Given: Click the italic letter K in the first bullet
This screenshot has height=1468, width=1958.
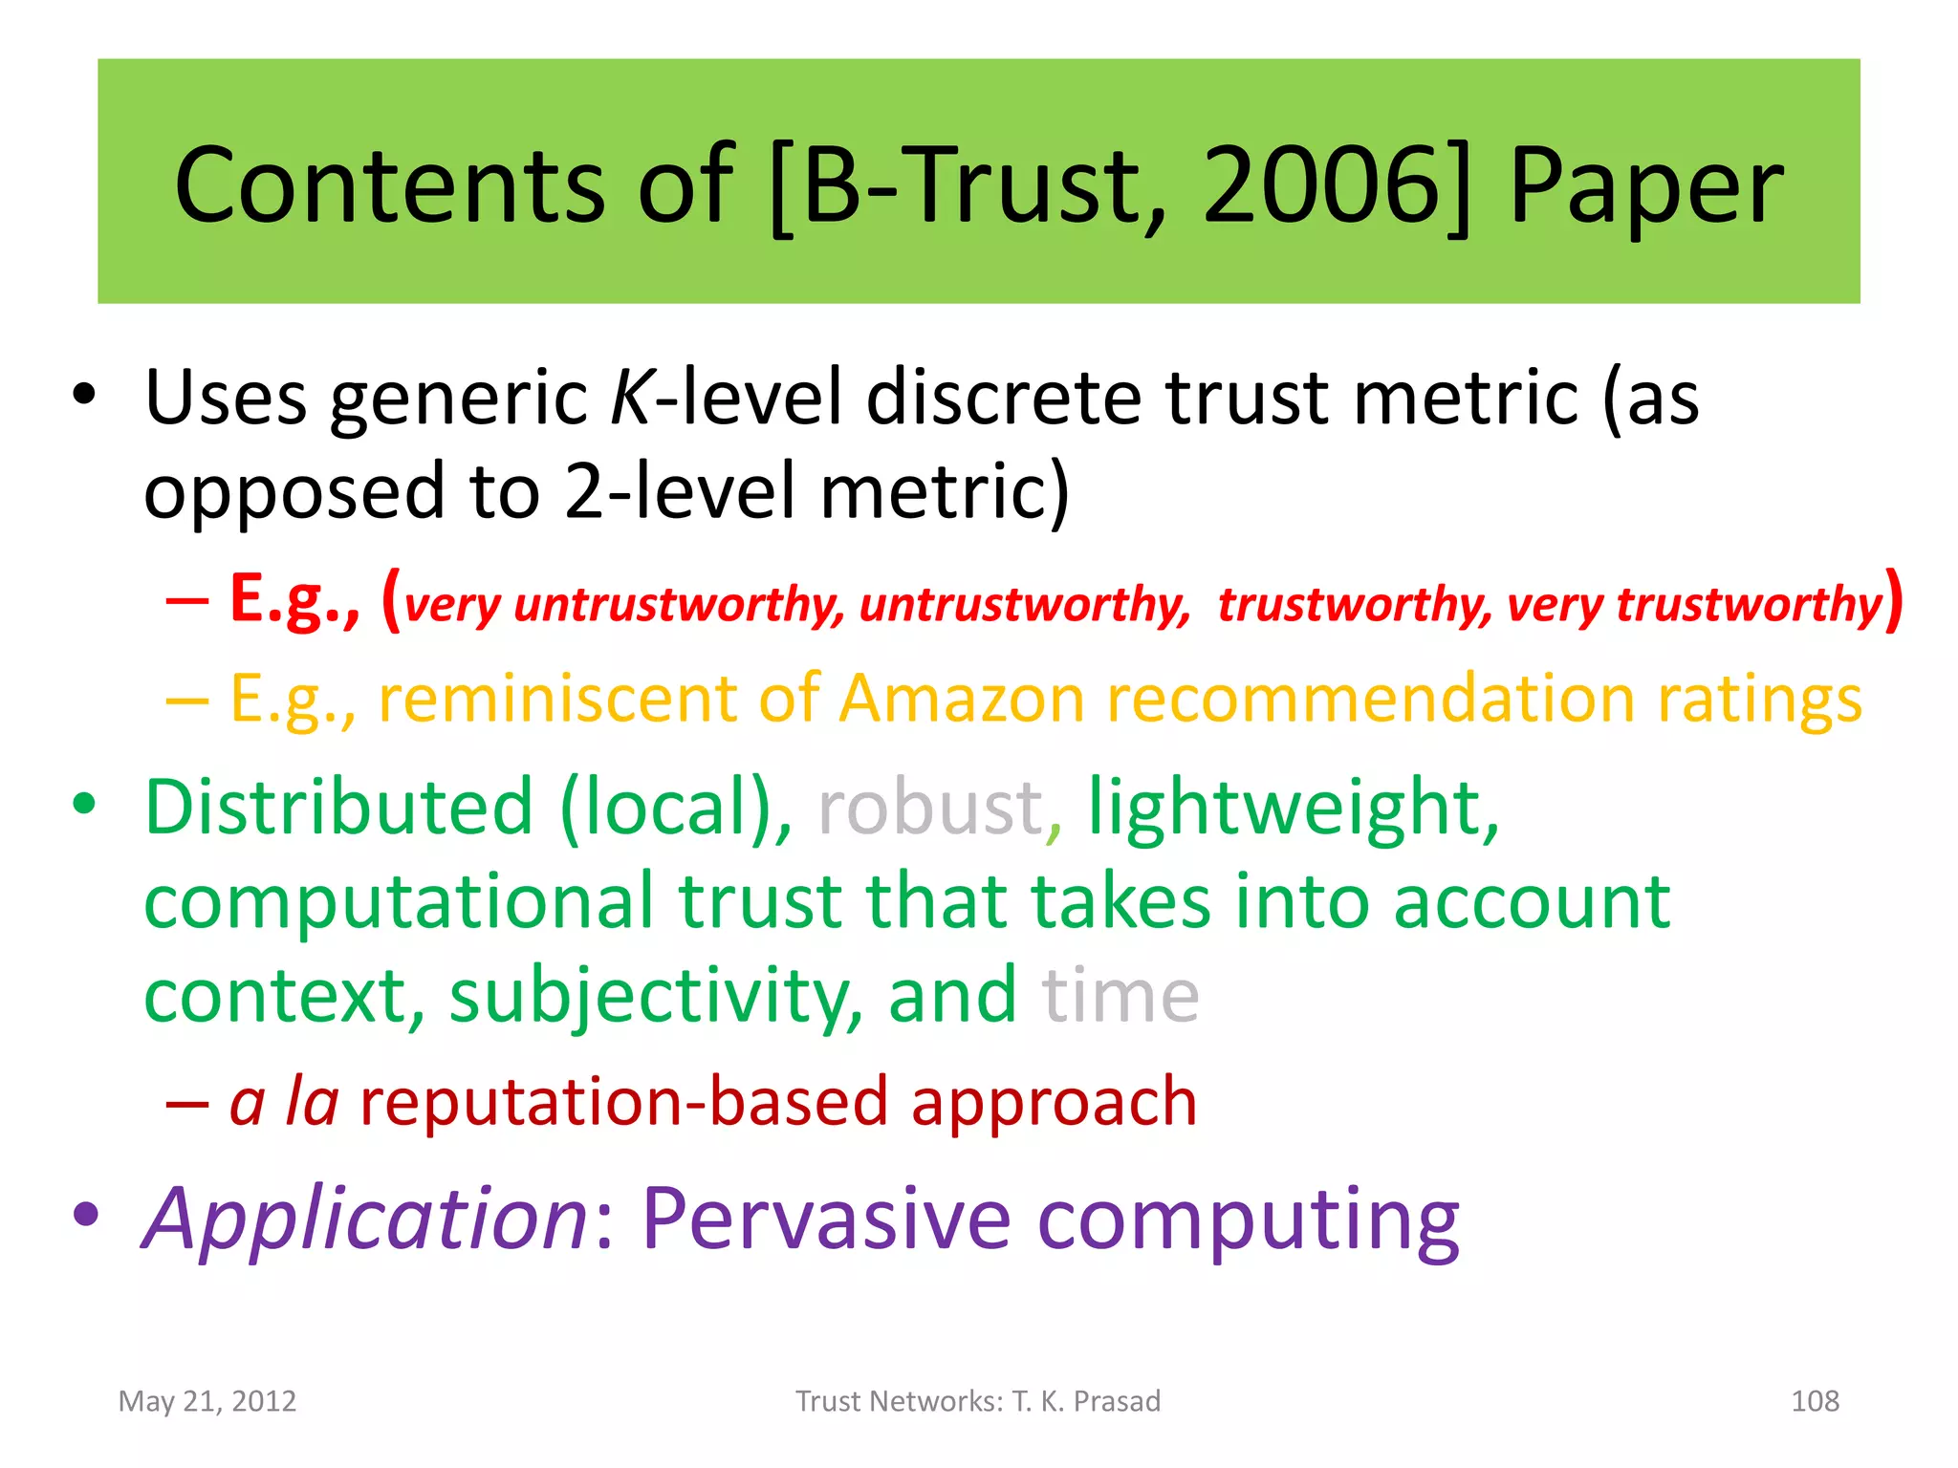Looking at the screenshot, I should pos(631,398).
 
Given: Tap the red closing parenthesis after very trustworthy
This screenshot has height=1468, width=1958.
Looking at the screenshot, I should pos(1893,600).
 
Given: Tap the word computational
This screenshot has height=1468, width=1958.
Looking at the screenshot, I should pos(399,903).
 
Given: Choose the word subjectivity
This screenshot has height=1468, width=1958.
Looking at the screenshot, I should pos(656,997).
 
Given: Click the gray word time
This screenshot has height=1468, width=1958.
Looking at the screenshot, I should pos(1120,996).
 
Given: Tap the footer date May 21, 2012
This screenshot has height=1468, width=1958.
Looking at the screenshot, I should pos(207,1401).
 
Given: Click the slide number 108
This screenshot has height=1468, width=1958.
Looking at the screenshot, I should pos(1814,1401).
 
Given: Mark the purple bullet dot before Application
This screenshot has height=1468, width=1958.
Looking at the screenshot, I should pos(86,1216).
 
